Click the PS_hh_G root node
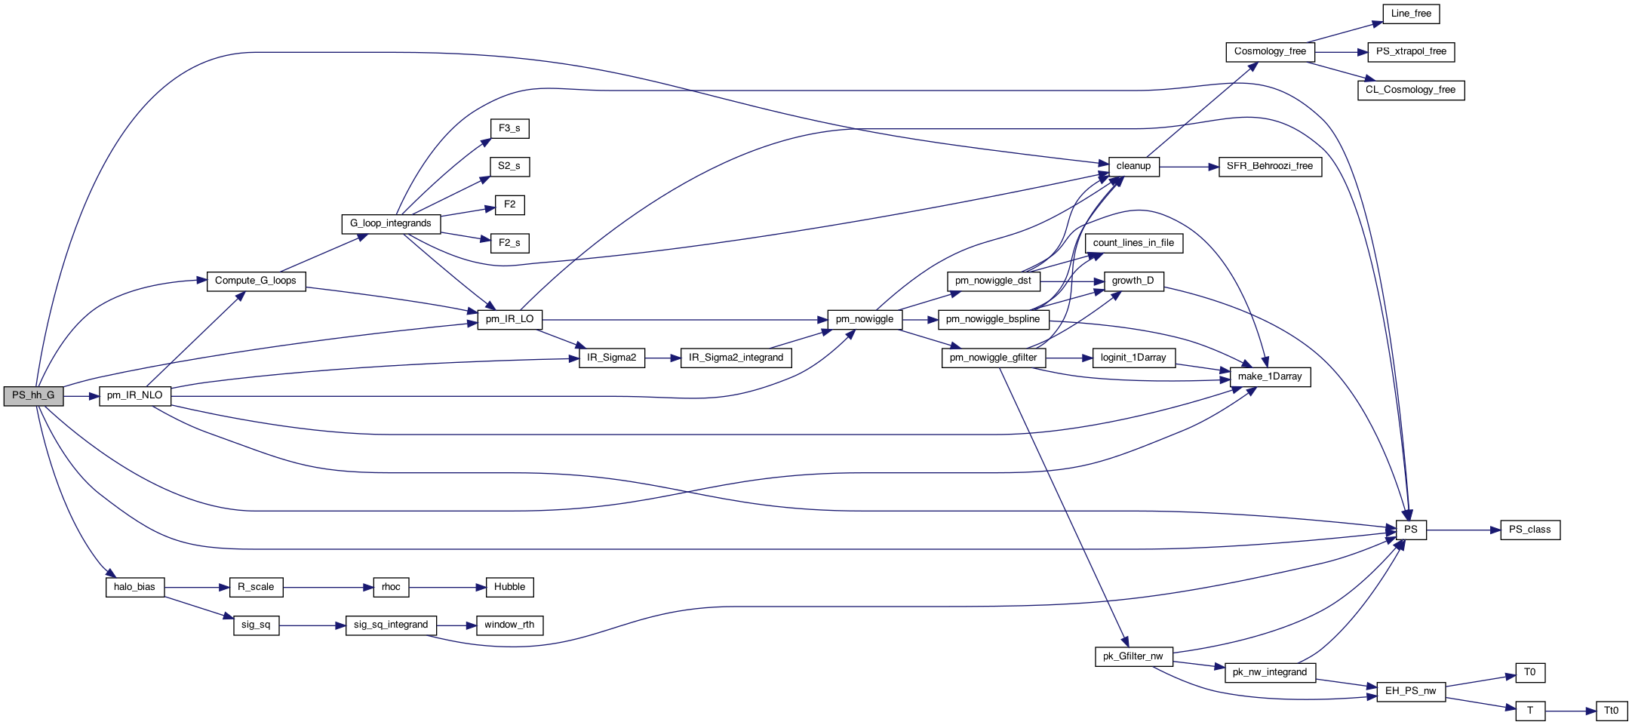(x=33, y=395)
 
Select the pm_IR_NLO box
(x=135, y=395)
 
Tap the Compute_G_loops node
(x=256, y=281)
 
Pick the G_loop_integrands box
(x=390, y=223)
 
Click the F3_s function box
(x=509, y=128)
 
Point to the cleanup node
(x=1133, y=166)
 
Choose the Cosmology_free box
(x=1270, y=51)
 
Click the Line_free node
(x=1411, y=14)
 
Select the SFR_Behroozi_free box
(x=1270, y=166)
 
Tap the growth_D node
(x=1133, y=281)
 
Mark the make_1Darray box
(x=1270, y=376)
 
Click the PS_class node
(x=1529, y=530)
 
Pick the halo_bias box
(x=134, y=587)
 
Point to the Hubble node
(x=509, y=587)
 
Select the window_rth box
(x=509, y=625)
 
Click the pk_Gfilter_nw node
(x=1133, y=656)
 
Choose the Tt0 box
(x=1611, y=711)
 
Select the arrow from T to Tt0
(x=1569, y=711)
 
